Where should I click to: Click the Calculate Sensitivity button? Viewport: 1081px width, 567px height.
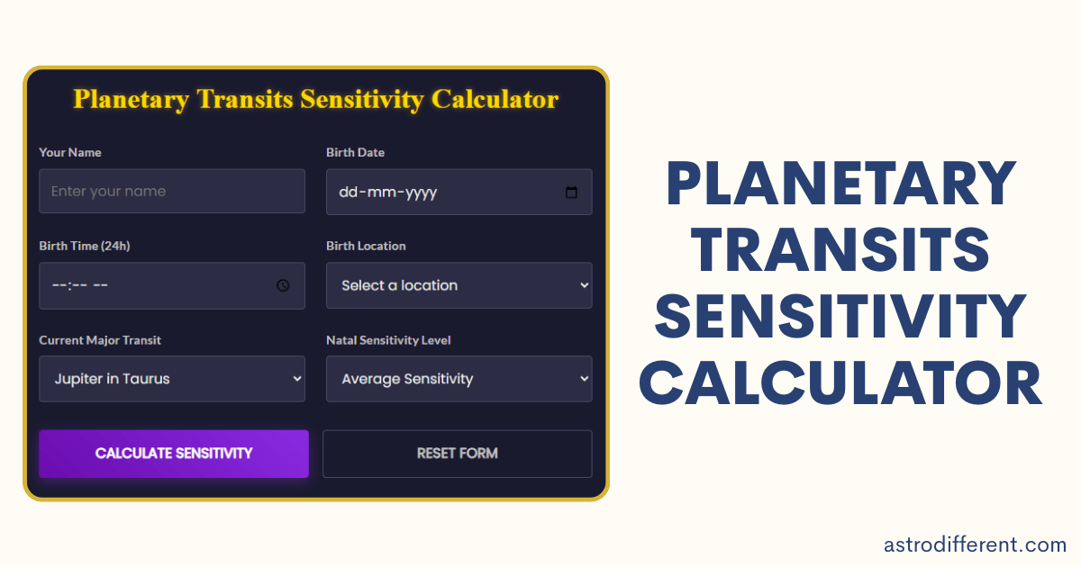coord(174,454)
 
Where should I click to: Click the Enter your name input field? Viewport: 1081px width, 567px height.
coord(172,192)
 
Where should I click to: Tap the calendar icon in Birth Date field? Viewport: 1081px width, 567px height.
coord(571,193)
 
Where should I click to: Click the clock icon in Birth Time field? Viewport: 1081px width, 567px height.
coord(283,285)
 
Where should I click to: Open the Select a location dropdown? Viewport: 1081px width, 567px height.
coord(459,285)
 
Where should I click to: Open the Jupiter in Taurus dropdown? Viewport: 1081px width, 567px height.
coord(172,379)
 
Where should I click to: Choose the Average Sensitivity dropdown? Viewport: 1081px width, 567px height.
coord(459,379)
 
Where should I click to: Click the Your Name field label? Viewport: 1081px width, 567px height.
coord(70,153)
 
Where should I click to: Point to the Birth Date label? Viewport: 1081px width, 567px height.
coord(355,153)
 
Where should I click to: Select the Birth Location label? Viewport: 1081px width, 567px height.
coord(366,247)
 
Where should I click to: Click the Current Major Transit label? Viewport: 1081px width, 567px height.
coord(100,340)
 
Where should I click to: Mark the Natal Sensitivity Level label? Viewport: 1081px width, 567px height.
coord(388,340)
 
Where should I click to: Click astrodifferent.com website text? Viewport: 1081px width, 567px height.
coord(975,544)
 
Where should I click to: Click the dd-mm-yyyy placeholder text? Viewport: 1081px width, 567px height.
coord(387,193)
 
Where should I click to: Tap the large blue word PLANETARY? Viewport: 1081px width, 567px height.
coord(841,184)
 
